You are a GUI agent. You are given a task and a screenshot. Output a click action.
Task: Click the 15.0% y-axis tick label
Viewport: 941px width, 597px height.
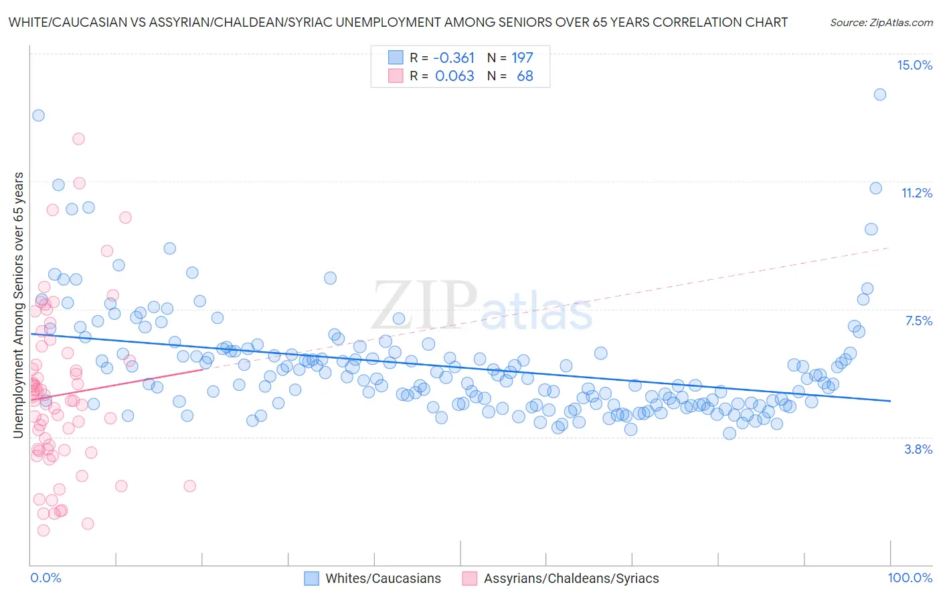(914, 65)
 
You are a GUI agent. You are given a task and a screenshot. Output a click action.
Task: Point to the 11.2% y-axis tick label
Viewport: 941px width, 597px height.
(916, 193)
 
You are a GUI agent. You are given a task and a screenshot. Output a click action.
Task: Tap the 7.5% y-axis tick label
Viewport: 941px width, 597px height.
(918, 321)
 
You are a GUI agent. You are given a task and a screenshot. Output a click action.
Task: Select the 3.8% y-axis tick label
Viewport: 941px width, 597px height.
(918, 449)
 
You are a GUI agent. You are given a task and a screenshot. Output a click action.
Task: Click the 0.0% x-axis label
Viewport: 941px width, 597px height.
(46, 578)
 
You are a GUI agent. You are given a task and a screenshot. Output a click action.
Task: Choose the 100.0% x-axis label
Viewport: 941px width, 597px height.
(910, 578)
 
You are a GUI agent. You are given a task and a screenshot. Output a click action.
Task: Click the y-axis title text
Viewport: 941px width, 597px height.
(19, 305)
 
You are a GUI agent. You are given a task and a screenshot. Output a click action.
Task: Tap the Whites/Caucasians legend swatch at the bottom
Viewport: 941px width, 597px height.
(311, 578)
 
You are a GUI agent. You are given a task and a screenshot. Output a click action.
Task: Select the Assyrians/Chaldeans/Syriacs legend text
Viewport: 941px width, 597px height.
(571, 578)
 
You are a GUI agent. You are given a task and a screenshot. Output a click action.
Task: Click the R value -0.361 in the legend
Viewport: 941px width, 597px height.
(454, 58)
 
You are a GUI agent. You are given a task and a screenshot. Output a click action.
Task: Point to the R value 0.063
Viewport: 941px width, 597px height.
(454, 76)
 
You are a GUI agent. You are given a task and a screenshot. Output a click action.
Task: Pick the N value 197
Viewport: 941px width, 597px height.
(522, 58)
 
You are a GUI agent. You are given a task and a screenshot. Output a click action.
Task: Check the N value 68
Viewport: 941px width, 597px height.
(525, 76)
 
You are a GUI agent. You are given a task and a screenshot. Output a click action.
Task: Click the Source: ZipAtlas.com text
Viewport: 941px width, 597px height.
(881, 22)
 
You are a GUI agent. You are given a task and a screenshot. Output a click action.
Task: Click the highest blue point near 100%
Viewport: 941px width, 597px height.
(880, 94)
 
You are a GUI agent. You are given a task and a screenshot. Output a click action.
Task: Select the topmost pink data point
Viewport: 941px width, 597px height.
(78, 139)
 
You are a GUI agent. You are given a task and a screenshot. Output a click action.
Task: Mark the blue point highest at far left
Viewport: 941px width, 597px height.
(38, 115)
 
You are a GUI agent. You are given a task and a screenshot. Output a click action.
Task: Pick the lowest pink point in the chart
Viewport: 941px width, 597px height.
(44, 530)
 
